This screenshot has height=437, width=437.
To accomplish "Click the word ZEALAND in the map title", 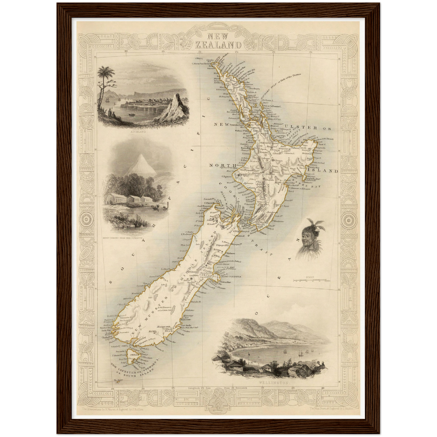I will click(218, 45).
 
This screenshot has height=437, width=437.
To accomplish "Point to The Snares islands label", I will click(117, 380).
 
